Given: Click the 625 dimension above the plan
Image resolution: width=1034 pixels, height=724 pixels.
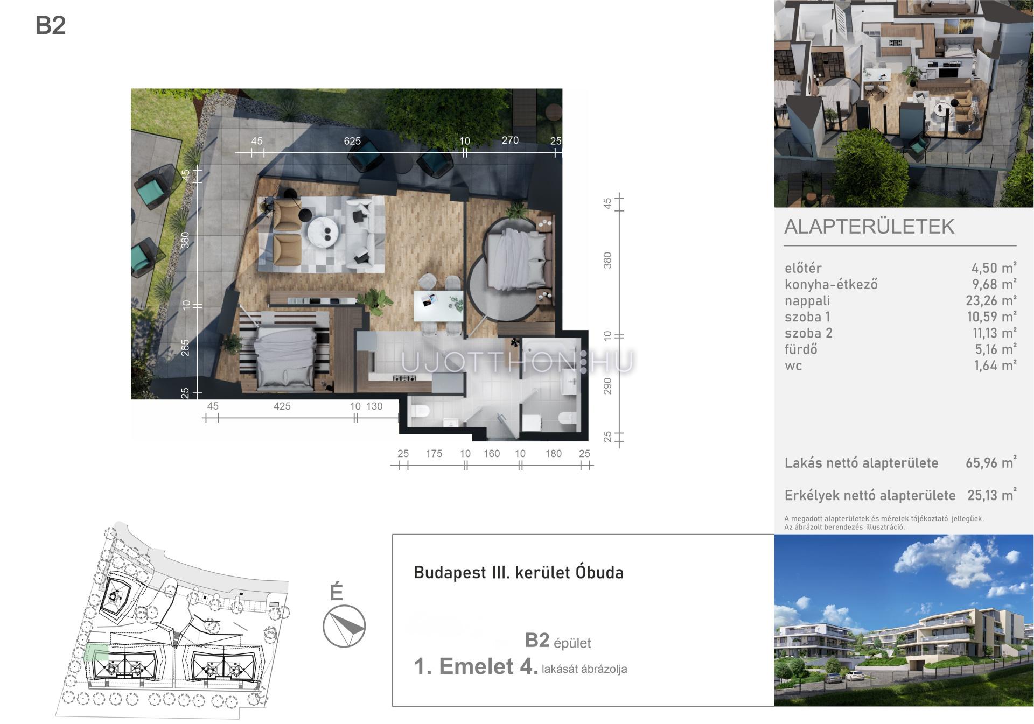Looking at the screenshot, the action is click(x=352, y=141).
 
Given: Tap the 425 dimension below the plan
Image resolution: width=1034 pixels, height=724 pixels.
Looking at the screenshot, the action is click(x=282, y=406).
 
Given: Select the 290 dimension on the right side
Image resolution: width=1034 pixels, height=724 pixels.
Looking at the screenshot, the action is click(x=608, y=385).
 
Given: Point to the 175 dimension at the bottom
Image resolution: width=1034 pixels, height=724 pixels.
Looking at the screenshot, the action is click(x=434, y=454).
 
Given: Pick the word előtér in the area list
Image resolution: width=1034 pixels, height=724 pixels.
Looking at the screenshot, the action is click(x=803, y=268).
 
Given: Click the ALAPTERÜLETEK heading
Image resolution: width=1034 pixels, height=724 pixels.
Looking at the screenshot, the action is click(x=869, y=227).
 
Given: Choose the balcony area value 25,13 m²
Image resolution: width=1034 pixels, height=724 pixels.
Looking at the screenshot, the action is click(x=991, y=495).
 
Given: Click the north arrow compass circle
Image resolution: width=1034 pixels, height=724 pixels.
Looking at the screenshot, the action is click(x=344, y=625).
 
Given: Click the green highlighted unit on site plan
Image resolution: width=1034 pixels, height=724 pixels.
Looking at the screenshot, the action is click(x=96, y=652).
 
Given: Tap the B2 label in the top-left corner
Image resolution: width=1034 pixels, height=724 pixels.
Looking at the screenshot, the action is click(x=51, y=25).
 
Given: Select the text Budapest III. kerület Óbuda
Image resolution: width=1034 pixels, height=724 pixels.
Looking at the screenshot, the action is click(x=519, y=572).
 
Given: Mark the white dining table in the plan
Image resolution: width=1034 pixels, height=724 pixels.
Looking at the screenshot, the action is click(x=438, y=306).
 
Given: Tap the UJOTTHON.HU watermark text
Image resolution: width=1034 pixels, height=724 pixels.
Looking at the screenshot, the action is click(x=518, y=362).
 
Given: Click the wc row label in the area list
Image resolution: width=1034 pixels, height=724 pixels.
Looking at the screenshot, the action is click(x=793, y=366).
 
